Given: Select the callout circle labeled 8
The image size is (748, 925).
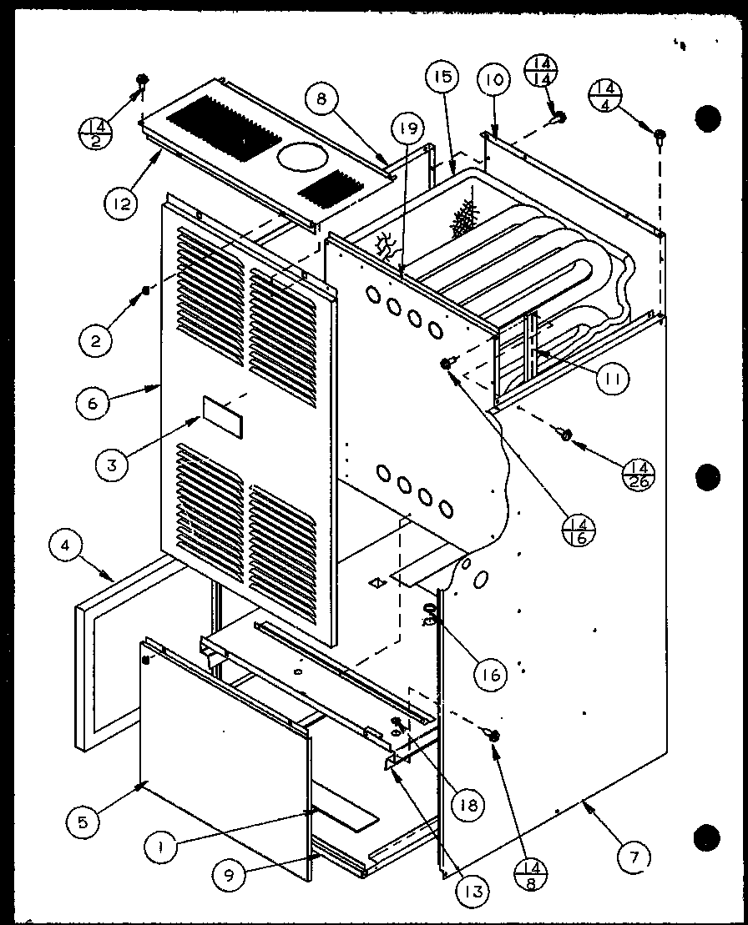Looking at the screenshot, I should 322,101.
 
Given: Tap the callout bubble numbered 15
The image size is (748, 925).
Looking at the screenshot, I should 442,79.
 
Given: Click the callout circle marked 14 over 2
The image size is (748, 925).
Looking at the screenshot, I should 95,130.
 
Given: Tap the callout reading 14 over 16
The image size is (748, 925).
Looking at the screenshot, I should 578,530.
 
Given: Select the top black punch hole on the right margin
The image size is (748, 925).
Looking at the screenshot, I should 708,118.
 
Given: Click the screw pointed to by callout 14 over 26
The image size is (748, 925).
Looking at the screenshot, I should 565,434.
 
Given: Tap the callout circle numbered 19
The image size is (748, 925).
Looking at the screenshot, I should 405,129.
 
